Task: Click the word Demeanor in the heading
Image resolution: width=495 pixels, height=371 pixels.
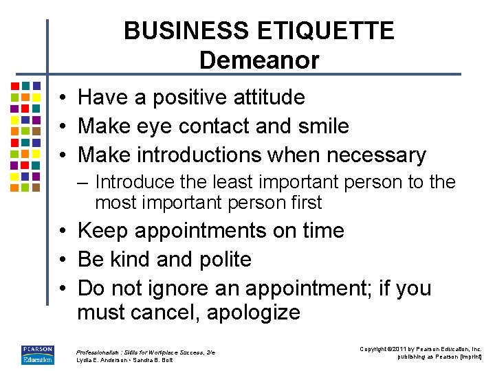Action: point(259,60)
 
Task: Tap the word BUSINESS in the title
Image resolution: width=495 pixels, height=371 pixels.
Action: point(187,31)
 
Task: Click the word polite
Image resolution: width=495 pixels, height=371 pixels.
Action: point(225,260)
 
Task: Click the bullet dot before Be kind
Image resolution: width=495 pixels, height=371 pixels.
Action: point(62,260)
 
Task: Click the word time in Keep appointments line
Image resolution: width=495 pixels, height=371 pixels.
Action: point(323,230)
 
